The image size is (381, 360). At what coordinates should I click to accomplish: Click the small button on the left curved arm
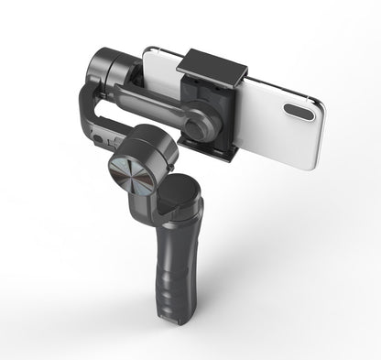96,138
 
